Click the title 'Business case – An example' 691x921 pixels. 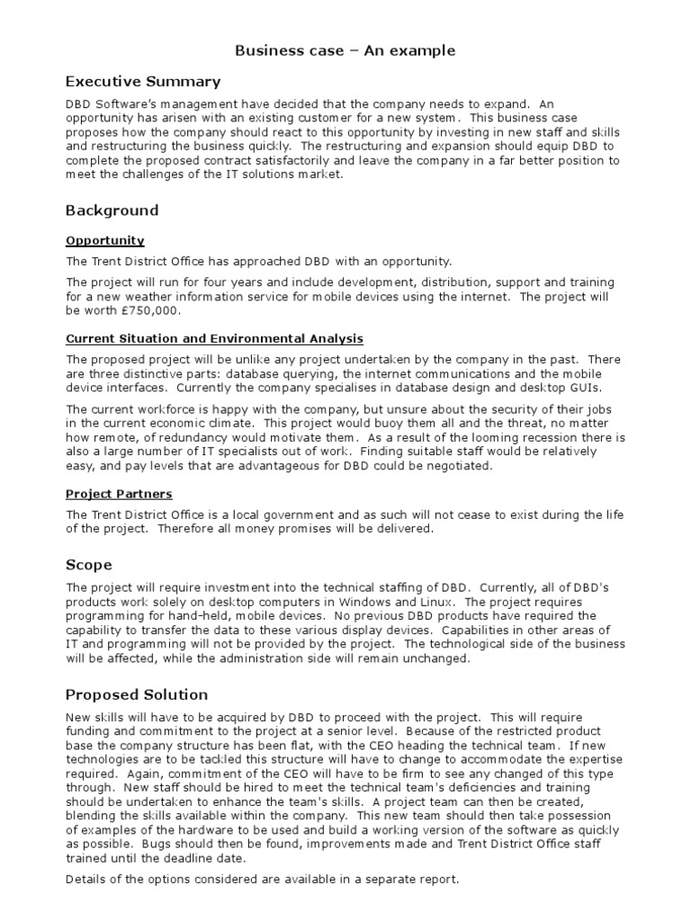345,50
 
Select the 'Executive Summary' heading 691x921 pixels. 142,82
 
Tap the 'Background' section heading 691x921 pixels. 112,210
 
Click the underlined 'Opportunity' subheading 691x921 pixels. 105,241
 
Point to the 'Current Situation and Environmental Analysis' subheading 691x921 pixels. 214,339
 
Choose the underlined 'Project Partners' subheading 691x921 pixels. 119,494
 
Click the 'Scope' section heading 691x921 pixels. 88,565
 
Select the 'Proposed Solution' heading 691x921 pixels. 136,694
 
